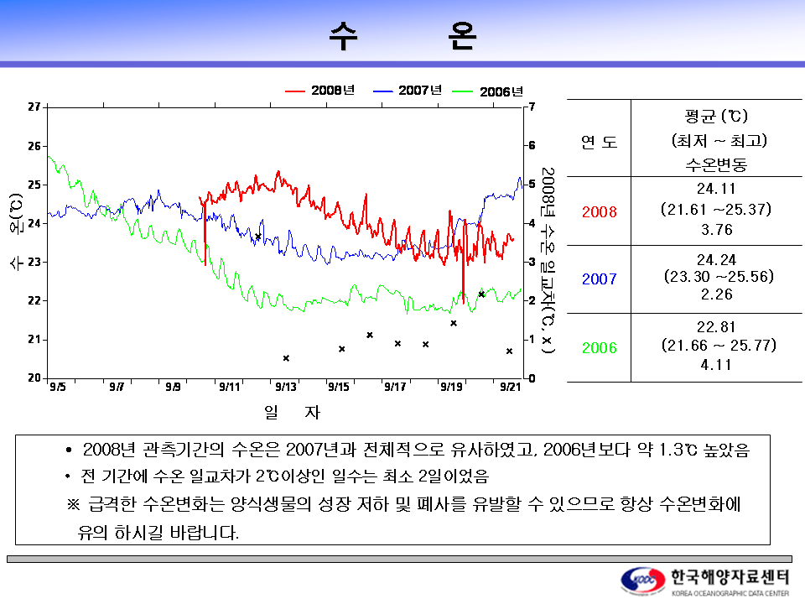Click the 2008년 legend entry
coord(319,91)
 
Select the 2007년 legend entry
coord(408,91)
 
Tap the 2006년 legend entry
coord(487,91)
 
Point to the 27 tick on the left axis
coord(34,107)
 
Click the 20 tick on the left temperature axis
coord(34,377)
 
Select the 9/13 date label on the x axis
coord(285,387)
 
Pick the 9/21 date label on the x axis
coord(511,387)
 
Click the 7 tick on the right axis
coord(532,107)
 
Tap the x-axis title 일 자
coord(292,412)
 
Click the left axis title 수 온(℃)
coord(17,232)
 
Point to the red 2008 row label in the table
coord(599,211)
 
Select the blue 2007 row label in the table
coord(599,279)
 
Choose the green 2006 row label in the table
coord(599,347)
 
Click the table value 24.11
coord(716,189)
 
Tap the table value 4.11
coord(716,365)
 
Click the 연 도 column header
coord(599,142)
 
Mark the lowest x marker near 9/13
coord(286,358)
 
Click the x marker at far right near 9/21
coord(509,351)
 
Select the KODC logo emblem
coord(643,581)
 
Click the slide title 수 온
coord(403,36)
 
